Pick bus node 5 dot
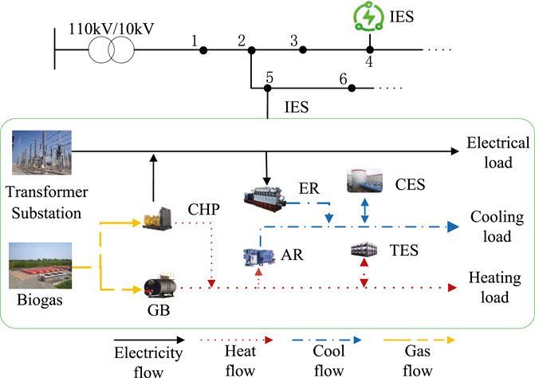click(x=269, y=89)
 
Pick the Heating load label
click(x=497, y=287)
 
